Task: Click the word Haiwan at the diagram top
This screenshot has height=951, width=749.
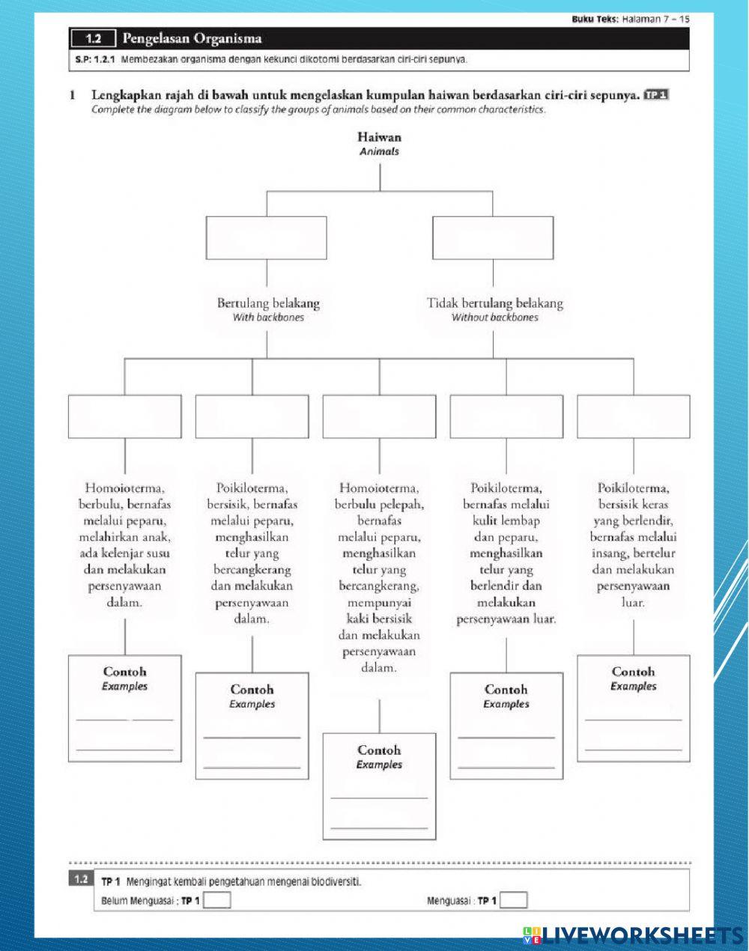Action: [379, 137]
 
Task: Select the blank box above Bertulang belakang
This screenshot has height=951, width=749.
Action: [266, 237]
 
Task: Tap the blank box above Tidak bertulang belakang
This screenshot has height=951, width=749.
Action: [492, 237]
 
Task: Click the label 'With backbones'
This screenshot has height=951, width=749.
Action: [268, 317]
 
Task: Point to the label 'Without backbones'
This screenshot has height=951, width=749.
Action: [494, 317]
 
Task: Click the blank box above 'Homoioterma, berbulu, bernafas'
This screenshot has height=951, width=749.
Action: [124, 416]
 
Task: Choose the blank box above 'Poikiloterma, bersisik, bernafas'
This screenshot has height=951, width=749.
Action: [252, 416]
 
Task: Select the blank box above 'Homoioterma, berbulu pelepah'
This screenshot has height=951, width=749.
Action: [379, 416]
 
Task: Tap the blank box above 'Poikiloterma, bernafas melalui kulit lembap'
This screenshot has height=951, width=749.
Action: [506, 416]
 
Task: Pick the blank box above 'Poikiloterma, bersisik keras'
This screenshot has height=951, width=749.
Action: [634, 416]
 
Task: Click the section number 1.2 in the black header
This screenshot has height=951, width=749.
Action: [94, 38]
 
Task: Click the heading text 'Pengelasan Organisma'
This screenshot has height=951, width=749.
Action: [192, 38]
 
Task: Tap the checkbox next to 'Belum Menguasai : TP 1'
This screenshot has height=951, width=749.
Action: [217, 900]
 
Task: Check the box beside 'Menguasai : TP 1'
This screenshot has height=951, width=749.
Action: [513, 900]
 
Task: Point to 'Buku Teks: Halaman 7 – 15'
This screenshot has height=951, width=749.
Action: [630, 18]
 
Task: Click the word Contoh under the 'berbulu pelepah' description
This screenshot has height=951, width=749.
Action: [379, 750]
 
